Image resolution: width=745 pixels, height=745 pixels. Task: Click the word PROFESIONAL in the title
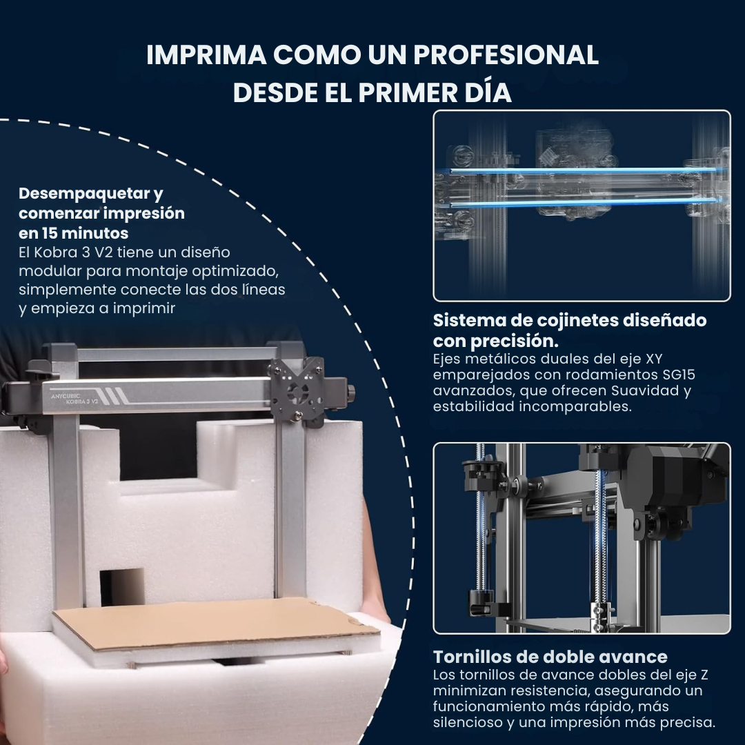pos(506,54)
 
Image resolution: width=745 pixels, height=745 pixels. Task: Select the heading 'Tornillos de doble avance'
pos(550,657)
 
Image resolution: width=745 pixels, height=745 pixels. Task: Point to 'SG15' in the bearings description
pos(679,375)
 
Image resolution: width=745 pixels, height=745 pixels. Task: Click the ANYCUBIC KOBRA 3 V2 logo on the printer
pos(74,399)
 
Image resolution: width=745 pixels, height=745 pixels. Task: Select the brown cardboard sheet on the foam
pos(216,624)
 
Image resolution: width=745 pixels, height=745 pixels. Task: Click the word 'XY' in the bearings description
pos(654,359)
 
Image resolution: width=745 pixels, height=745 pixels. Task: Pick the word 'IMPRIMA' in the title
pos(206,54)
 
